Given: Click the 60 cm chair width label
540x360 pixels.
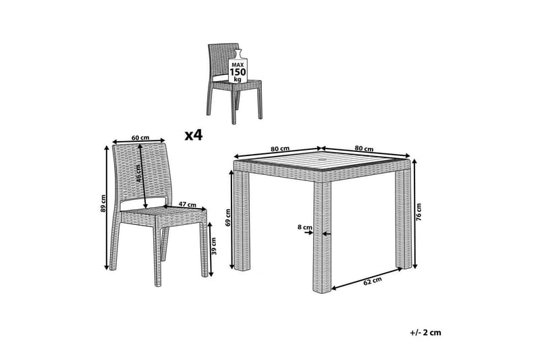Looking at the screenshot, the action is coord(140,138).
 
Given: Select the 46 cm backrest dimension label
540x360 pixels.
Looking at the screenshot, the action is coord(138,174).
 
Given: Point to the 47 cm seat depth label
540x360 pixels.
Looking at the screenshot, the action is coord(188,204).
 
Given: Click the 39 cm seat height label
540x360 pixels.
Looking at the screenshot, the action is coord(214,246).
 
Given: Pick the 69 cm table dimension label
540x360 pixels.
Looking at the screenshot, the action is coord(227,218).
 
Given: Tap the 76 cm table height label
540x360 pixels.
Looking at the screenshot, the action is coord(418,212).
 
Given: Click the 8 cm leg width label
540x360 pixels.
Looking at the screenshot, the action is coord(305,228).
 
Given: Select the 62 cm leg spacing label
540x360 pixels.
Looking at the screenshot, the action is coord(373,282).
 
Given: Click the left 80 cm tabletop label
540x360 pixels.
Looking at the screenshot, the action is coord(280,149).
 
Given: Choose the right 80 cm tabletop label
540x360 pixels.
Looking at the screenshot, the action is coord(364,149).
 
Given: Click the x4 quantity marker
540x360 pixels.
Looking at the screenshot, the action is coord(194,135).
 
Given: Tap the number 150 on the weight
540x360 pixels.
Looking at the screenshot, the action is coord(238,72).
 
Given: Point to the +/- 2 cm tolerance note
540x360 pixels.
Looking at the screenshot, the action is coord(426,332).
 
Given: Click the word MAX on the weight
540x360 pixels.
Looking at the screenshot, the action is coord(238,65).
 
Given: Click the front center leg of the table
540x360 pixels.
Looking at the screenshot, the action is coord(323,237).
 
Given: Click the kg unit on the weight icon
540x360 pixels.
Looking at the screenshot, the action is coord(238,80).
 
